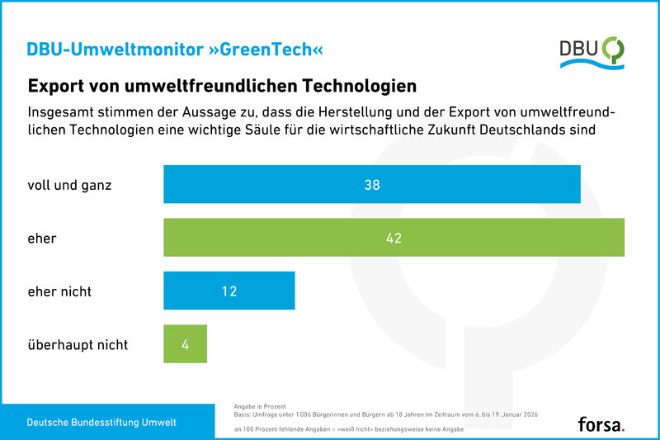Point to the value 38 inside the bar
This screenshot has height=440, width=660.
(x=372, y=185)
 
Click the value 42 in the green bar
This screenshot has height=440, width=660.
(x=394, y=239)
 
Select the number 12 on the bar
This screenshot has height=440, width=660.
(x=229, y=291)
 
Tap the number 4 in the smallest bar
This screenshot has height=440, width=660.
(x=186, y=344)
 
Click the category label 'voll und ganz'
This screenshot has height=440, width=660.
(x=70, y=185)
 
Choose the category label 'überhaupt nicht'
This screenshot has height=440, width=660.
(x=78, y=345)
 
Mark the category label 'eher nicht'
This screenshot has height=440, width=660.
(x=60, y=291)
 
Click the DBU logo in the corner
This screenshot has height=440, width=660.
(x=591, y=52)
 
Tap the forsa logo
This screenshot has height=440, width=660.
(x=601, y=424)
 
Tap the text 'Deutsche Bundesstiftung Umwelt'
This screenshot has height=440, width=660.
(x=101, y=423)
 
